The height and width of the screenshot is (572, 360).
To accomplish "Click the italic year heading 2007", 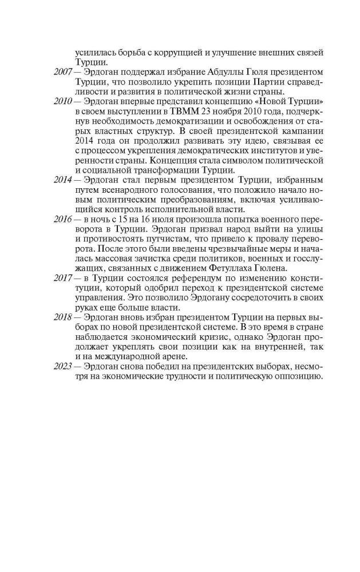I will coord(45,73).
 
